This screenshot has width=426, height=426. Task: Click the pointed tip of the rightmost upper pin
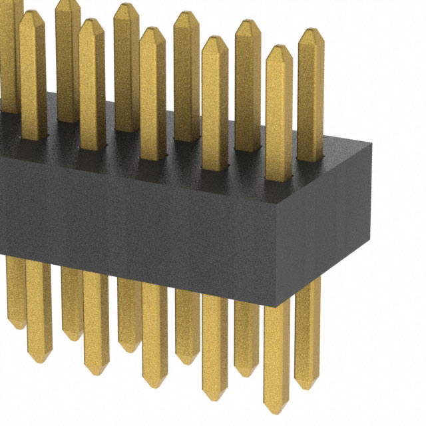point(310,31)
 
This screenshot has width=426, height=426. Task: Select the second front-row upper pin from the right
point(214,100)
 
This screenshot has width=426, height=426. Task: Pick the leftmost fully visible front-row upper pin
point(33,73)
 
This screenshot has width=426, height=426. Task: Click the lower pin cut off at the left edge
point(13,293)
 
